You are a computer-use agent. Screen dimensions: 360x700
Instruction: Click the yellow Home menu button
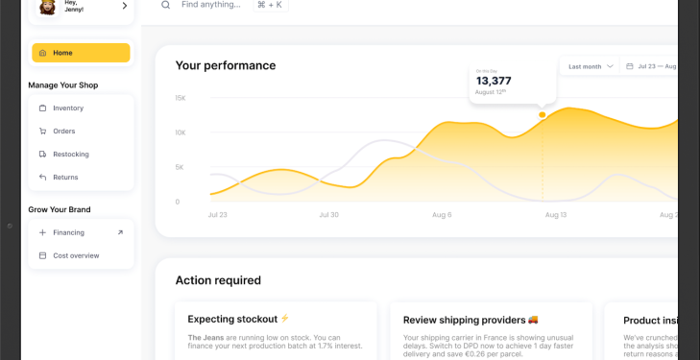pyautogui.click(x=81, y=53)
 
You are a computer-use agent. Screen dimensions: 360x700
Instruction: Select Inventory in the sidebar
pyautogui.click(x=68, y=108)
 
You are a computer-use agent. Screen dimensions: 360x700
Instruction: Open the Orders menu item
pyautogui.click(x=64, y=132)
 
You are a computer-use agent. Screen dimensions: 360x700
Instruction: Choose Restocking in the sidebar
pyautogui.click(x=70, y=155)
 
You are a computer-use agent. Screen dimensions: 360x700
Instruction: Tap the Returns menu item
pyautogui.click(x=65, y=178)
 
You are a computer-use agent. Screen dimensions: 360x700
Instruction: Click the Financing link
pyautogui.click(x=68, y=232)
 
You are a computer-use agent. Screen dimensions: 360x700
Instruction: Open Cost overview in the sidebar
pyautogui.click(x=76, y=255)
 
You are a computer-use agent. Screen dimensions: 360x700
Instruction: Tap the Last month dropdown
pyautogui.click(x=590, y=67)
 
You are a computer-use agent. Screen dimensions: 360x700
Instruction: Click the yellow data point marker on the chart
pyautogui.click(x=543, y=114)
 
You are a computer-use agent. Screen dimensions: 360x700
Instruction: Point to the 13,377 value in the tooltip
pyautogui.click(x=494, y=81)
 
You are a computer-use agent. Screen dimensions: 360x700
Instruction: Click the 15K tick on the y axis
pyautogui.click(x=180, y=98)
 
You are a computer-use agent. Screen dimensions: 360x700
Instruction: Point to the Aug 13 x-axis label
pyautogui.click(x=556, y=215)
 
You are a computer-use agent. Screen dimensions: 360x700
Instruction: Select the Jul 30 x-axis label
pyautogui.click(x=329, y=215)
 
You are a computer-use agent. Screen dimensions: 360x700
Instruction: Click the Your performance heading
pyautogui.click(x=226, y=65)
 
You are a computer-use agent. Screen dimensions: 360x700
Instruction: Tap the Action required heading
pyautogui.click(x=218, y=280)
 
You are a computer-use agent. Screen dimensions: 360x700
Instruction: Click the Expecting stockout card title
pyautogui.click(x=232, y=319)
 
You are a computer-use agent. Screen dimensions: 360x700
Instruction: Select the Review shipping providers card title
pyautogui.click(x=464, y=320)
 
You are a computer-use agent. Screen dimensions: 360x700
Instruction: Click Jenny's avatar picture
pyautogui.click(x=46, y=7)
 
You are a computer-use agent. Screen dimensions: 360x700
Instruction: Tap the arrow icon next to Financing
pyautogui.click(x=120, y=232)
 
